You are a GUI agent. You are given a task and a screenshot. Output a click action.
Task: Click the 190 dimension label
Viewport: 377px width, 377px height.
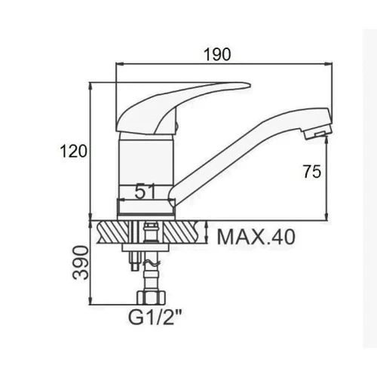point(217,54)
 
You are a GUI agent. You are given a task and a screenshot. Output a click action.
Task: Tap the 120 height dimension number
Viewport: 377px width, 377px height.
point(74,152)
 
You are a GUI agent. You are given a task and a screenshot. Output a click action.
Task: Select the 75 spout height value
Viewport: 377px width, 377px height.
point(312,172)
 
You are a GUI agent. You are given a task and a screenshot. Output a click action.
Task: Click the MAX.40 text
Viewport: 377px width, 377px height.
point(256,237)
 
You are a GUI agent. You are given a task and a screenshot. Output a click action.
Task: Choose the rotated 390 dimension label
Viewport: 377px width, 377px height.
point(81,262)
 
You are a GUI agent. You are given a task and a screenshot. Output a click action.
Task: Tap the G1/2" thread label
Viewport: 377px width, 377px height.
point(155,317)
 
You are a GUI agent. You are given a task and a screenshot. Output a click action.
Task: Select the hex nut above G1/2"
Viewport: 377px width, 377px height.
point(151,297)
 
